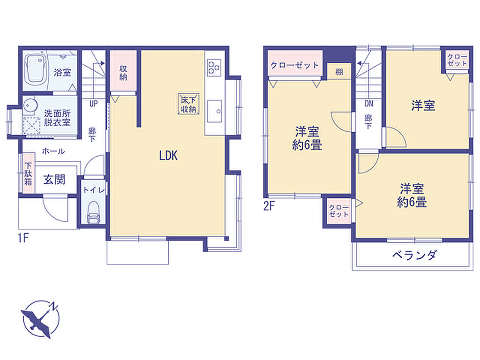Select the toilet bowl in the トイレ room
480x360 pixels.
pyautogui.click(x=94, y=212)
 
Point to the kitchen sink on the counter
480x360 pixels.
pyautogui.click(x=215, y=111)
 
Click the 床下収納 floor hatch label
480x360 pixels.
pyautogui.click(x=188, y=105)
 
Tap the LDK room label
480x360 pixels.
pyautogui.click(x=168, y=156)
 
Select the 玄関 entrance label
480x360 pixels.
pyautogui.click(x=54, y=180)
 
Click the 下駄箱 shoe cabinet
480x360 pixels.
pyautogui.click(x=28, y=174)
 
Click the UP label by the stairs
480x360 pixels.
pyautogui.click(x=93, y=104)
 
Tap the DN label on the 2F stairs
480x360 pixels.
pyautogui.click(x=369, y=104)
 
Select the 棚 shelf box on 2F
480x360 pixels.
pyautogui.click(x=339, y=72)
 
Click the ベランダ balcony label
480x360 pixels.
pyautogui.click(x=414, y=255)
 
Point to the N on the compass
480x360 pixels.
pyautogui.click(x=54, y=306)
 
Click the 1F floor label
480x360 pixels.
pyautogui.click(x=23, y=238)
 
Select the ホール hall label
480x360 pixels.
pyautogui.click(x=53, y=151)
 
